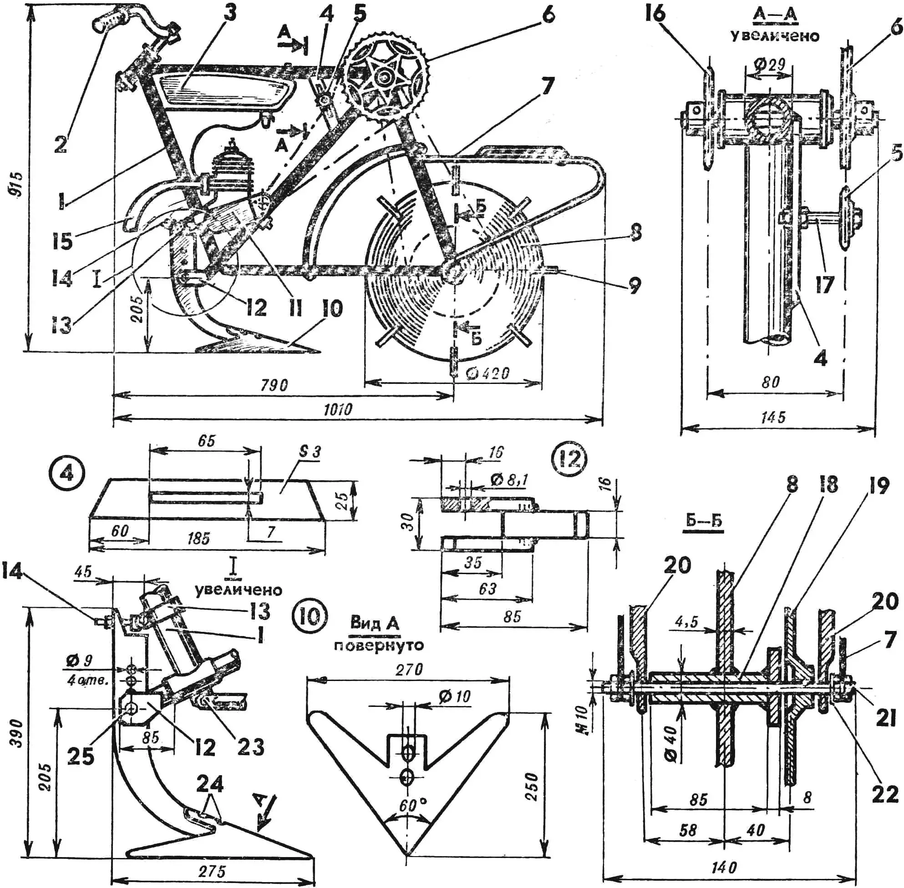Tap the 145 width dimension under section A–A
[x=774, y=417]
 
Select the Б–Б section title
[x=704, y=520]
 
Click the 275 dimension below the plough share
[x=213, y=871]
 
